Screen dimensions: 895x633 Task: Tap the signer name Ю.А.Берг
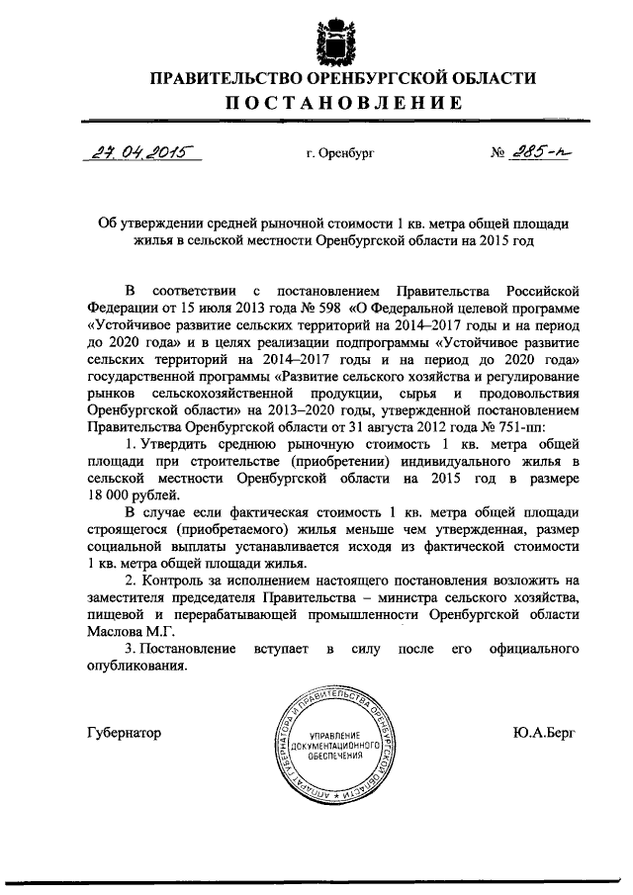[543, 733]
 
